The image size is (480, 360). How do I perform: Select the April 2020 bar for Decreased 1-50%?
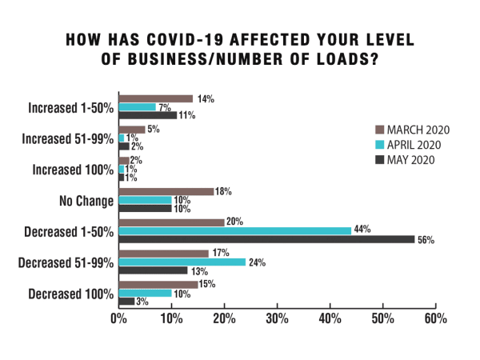236,230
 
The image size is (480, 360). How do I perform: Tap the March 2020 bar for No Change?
166,190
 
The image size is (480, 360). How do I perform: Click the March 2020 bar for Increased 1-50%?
155,98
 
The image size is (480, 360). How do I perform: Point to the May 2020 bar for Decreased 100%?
126,301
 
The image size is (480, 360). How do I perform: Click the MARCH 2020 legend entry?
412,130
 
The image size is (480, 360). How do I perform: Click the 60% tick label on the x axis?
435,318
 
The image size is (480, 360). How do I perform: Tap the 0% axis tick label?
118,318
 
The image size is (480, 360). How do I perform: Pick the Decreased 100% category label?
71,293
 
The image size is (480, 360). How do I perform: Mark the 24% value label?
255,262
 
